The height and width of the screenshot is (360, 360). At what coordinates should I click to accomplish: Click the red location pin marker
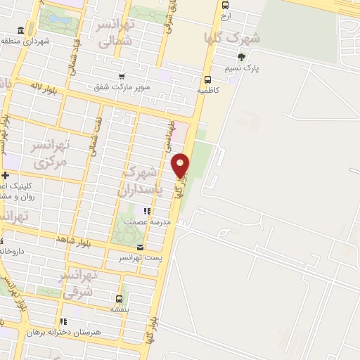(181, 165)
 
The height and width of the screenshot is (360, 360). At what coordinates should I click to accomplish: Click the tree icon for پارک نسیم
(242, 57)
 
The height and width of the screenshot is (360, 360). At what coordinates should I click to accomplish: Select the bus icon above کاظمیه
(207, 79)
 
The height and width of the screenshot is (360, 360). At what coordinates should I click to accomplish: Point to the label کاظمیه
(208, 91)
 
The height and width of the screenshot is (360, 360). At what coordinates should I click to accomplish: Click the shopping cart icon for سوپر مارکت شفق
(123, 77)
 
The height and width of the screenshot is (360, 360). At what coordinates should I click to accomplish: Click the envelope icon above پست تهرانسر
(140, 247)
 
